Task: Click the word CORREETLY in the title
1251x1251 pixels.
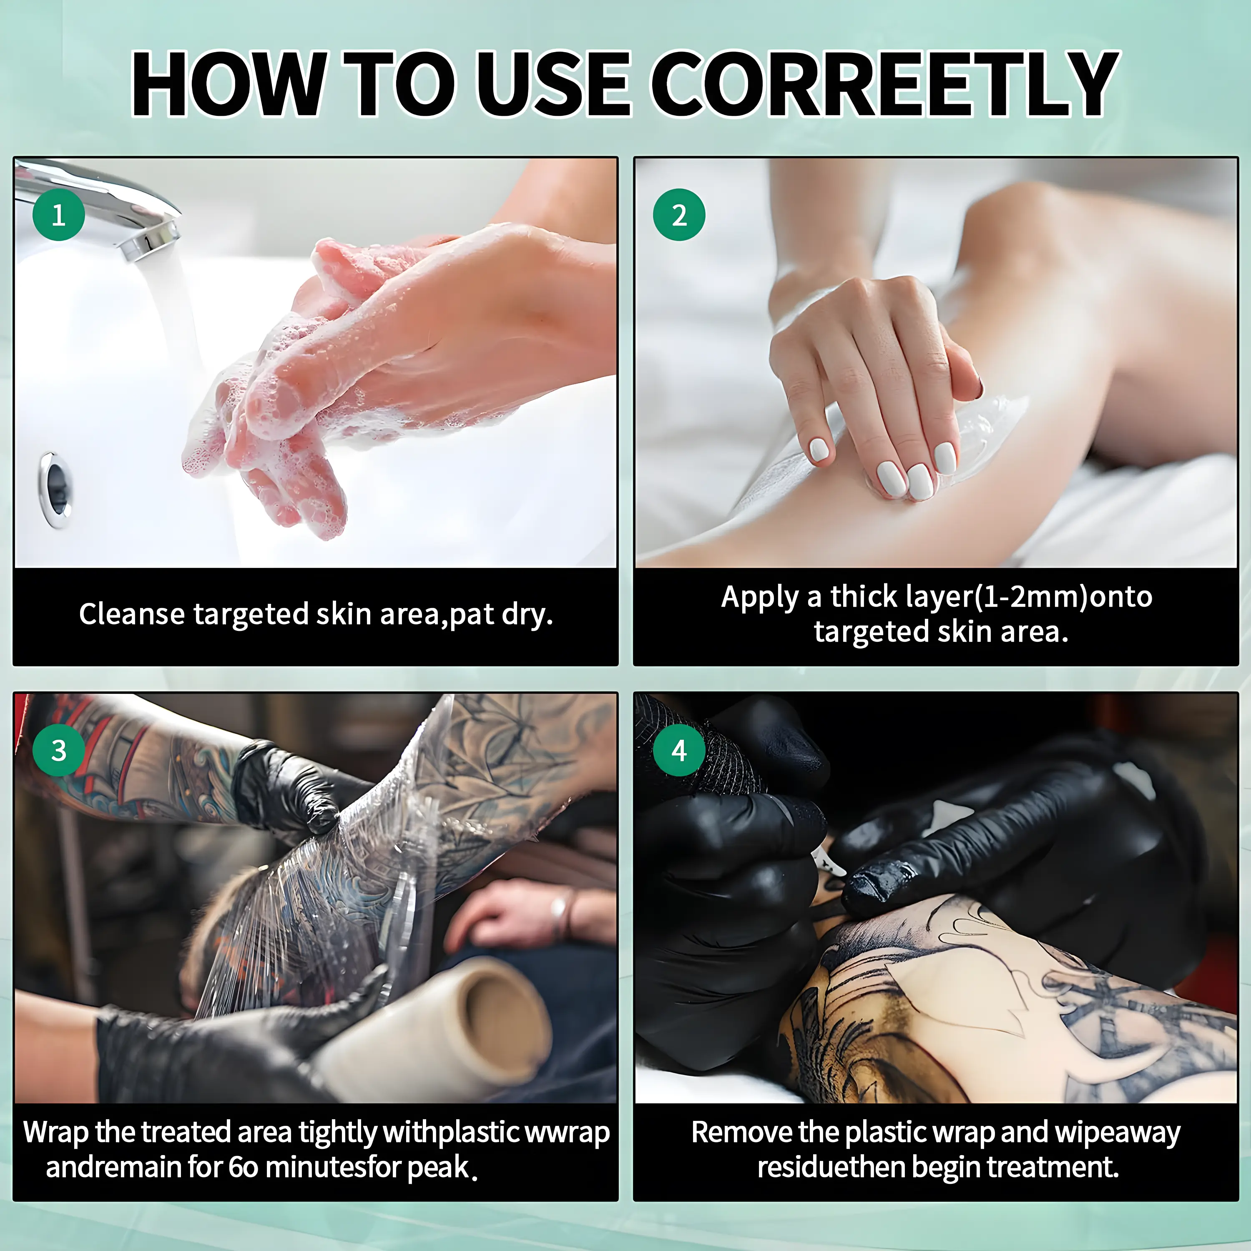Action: tap(884, 84)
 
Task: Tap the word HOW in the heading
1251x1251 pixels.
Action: tap(228, 84)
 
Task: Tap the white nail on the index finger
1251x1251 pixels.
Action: tap(819, 448)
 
